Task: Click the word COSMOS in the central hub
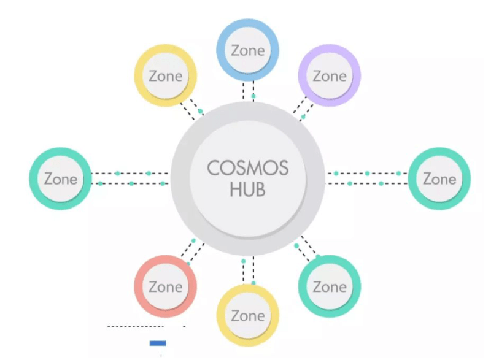[247, 168]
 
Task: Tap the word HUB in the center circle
[247, 190]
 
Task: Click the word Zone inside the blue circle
[248, 50]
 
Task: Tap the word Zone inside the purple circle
[330, 77]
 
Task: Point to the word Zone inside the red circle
[165, 286]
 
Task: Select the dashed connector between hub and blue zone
[248, 90]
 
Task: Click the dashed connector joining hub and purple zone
[302, 110]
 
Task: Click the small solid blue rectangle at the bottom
[158, 343]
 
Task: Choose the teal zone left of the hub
[60, 178]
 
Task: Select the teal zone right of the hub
[439, 178]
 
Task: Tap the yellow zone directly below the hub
[248, 315]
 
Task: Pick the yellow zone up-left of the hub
[165, 76]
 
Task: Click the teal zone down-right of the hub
[330, 286]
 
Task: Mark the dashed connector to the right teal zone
[367, 178]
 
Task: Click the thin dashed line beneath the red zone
[135, 326]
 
